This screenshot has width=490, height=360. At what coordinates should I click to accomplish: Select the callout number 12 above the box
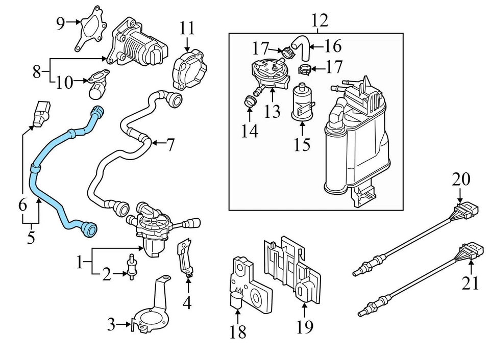coord(320,21)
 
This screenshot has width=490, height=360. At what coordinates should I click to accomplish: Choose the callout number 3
coord(111,324)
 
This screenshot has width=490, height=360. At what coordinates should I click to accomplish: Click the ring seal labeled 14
coord(250,101)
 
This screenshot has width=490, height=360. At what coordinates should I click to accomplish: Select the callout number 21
coord(471,281)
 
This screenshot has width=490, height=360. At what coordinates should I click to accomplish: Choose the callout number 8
coord(36,71)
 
